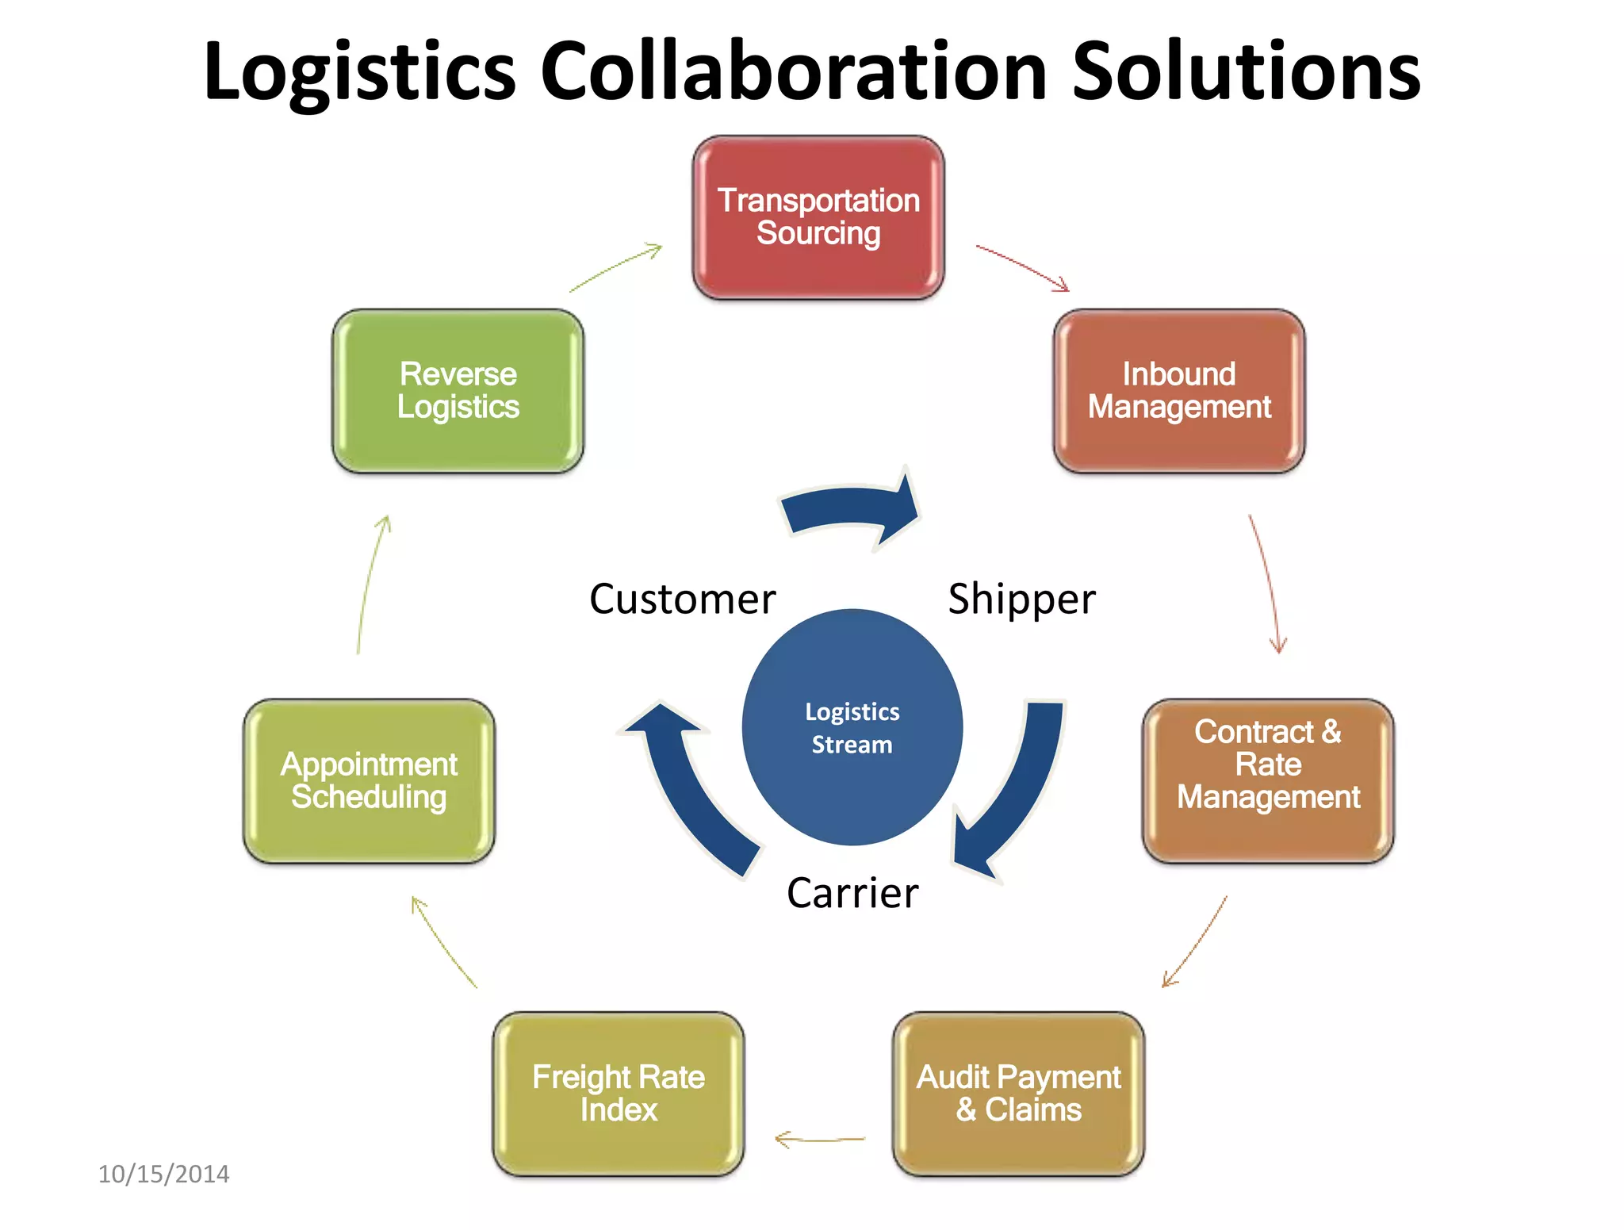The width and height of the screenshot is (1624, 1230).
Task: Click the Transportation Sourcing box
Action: [x=818, y=216]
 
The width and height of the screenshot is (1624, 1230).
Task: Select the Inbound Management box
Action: [x=1178, y=390]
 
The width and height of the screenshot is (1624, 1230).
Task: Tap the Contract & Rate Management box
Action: [x=1267, y=780]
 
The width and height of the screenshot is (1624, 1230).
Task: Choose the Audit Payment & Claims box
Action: [x=1018, y=1093]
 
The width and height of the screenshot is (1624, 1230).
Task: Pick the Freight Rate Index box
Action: [x=618, y=1093]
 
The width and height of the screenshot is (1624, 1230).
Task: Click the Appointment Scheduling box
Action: [x=369, y=780]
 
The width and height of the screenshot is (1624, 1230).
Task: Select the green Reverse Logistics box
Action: [x=458, y=390]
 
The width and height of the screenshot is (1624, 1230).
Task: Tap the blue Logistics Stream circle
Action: [x=852, y=727]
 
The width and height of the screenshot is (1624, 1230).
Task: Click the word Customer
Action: [x=682, y=599]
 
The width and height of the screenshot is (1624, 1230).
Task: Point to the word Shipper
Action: [x=1021, y=599]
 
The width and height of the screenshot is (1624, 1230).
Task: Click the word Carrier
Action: [x=852, y=893]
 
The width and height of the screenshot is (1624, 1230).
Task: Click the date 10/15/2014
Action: [x=163, y=1174]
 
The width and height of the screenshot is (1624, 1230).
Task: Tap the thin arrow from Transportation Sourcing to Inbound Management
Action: [x=1022, y=267]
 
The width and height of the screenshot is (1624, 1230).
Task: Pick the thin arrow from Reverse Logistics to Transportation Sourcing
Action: [x=615, y=268]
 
